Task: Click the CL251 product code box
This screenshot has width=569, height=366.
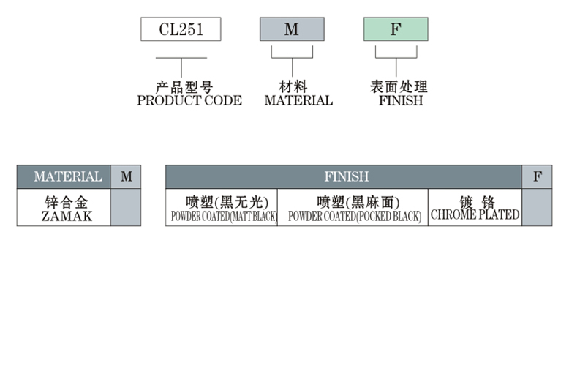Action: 181,29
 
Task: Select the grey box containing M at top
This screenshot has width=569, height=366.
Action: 292,29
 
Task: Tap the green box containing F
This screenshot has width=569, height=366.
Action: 396,29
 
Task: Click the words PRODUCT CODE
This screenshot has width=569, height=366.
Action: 189,101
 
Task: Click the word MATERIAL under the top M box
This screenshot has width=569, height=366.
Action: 298,101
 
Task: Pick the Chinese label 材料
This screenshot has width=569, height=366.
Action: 293,87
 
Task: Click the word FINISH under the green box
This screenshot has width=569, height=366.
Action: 401,101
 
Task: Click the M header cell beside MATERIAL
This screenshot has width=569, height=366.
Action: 127,176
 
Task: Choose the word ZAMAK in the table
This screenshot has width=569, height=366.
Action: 67,216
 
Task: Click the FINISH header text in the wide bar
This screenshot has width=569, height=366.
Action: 346,176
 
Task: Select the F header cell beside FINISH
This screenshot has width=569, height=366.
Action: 538,176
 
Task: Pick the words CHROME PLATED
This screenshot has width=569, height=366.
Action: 475,215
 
